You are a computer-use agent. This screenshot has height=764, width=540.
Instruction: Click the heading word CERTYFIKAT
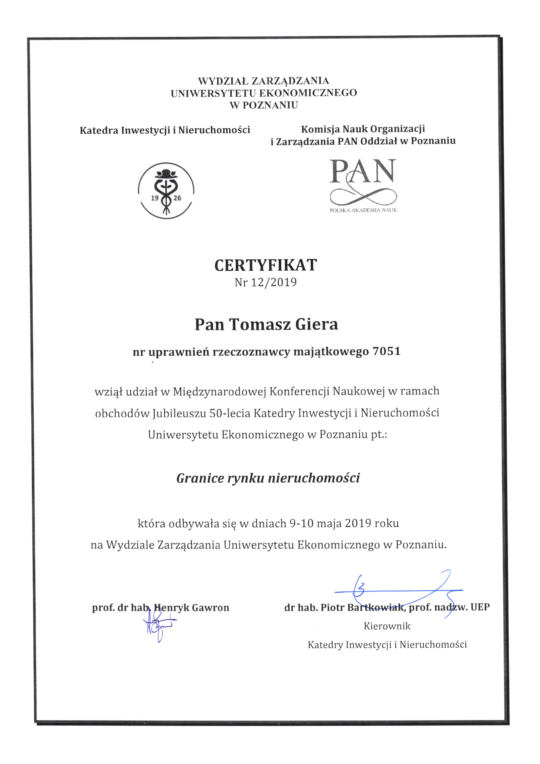(266, 265)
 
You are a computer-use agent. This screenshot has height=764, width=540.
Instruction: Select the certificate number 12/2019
(273, 283)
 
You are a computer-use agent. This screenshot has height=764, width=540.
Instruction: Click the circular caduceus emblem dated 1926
(166, 190)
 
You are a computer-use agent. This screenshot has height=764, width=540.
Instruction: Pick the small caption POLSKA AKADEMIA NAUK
(363, 210)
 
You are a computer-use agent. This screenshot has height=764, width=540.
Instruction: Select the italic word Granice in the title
(200, 478)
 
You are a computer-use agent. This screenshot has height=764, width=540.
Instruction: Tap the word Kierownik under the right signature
(387, 626)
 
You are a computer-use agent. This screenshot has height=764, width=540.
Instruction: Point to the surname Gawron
(211, 608)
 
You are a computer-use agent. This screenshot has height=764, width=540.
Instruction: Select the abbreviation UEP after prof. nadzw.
(480, 607)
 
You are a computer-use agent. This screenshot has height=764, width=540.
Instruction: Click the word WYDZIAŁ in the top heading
(223, 81)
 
